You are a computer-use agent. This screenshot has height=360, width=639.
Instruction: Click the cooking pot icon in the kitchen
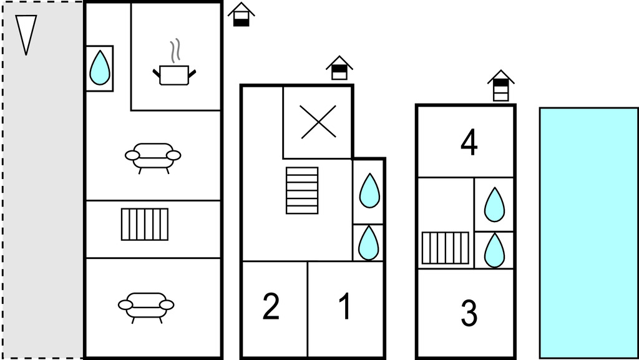174,75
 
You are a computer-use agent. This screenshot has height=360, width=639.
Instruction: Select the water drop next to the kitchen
99,67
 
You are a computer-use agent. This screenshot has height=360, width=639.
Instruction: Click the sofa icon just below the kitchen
153,156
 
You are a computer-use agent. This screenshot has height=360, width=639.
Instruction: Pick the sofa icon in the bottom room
146,306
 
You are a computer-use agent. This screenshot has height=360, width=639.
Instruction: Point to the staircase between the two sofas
145,224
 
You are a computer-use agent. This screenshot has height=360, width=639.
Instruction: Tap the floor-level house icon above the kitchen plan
241,14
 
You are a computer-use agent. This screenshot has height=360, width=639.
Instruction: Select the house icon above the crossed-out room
339,67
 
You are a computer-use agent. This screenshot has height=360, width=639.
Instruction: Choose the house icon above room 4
500,85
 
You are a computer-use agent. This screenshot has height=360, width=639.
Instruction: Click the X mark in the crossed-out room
318,122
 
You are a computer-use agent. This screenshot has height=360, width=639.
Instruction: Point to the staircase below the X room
302,190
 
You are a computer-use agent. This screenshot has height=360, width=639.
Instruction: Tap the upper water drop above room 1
369,191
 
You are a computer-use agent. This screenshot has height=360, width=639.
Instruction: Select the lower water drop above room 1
368,243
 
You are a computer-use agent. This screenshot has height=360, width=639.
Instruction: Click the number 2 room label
271,307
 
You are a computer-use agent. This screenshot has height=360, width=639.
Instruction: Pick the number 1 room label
344,307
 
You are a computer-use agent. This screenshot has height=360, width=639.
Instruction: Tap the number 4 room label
469,143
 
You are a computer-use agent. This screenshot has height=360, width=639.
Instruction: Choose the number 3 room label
469,314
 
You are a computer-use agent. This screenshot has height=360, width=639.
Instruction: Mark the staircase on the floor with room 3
445,248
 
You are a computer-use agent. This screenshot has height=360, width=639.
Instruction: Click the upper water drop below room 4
494,204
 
